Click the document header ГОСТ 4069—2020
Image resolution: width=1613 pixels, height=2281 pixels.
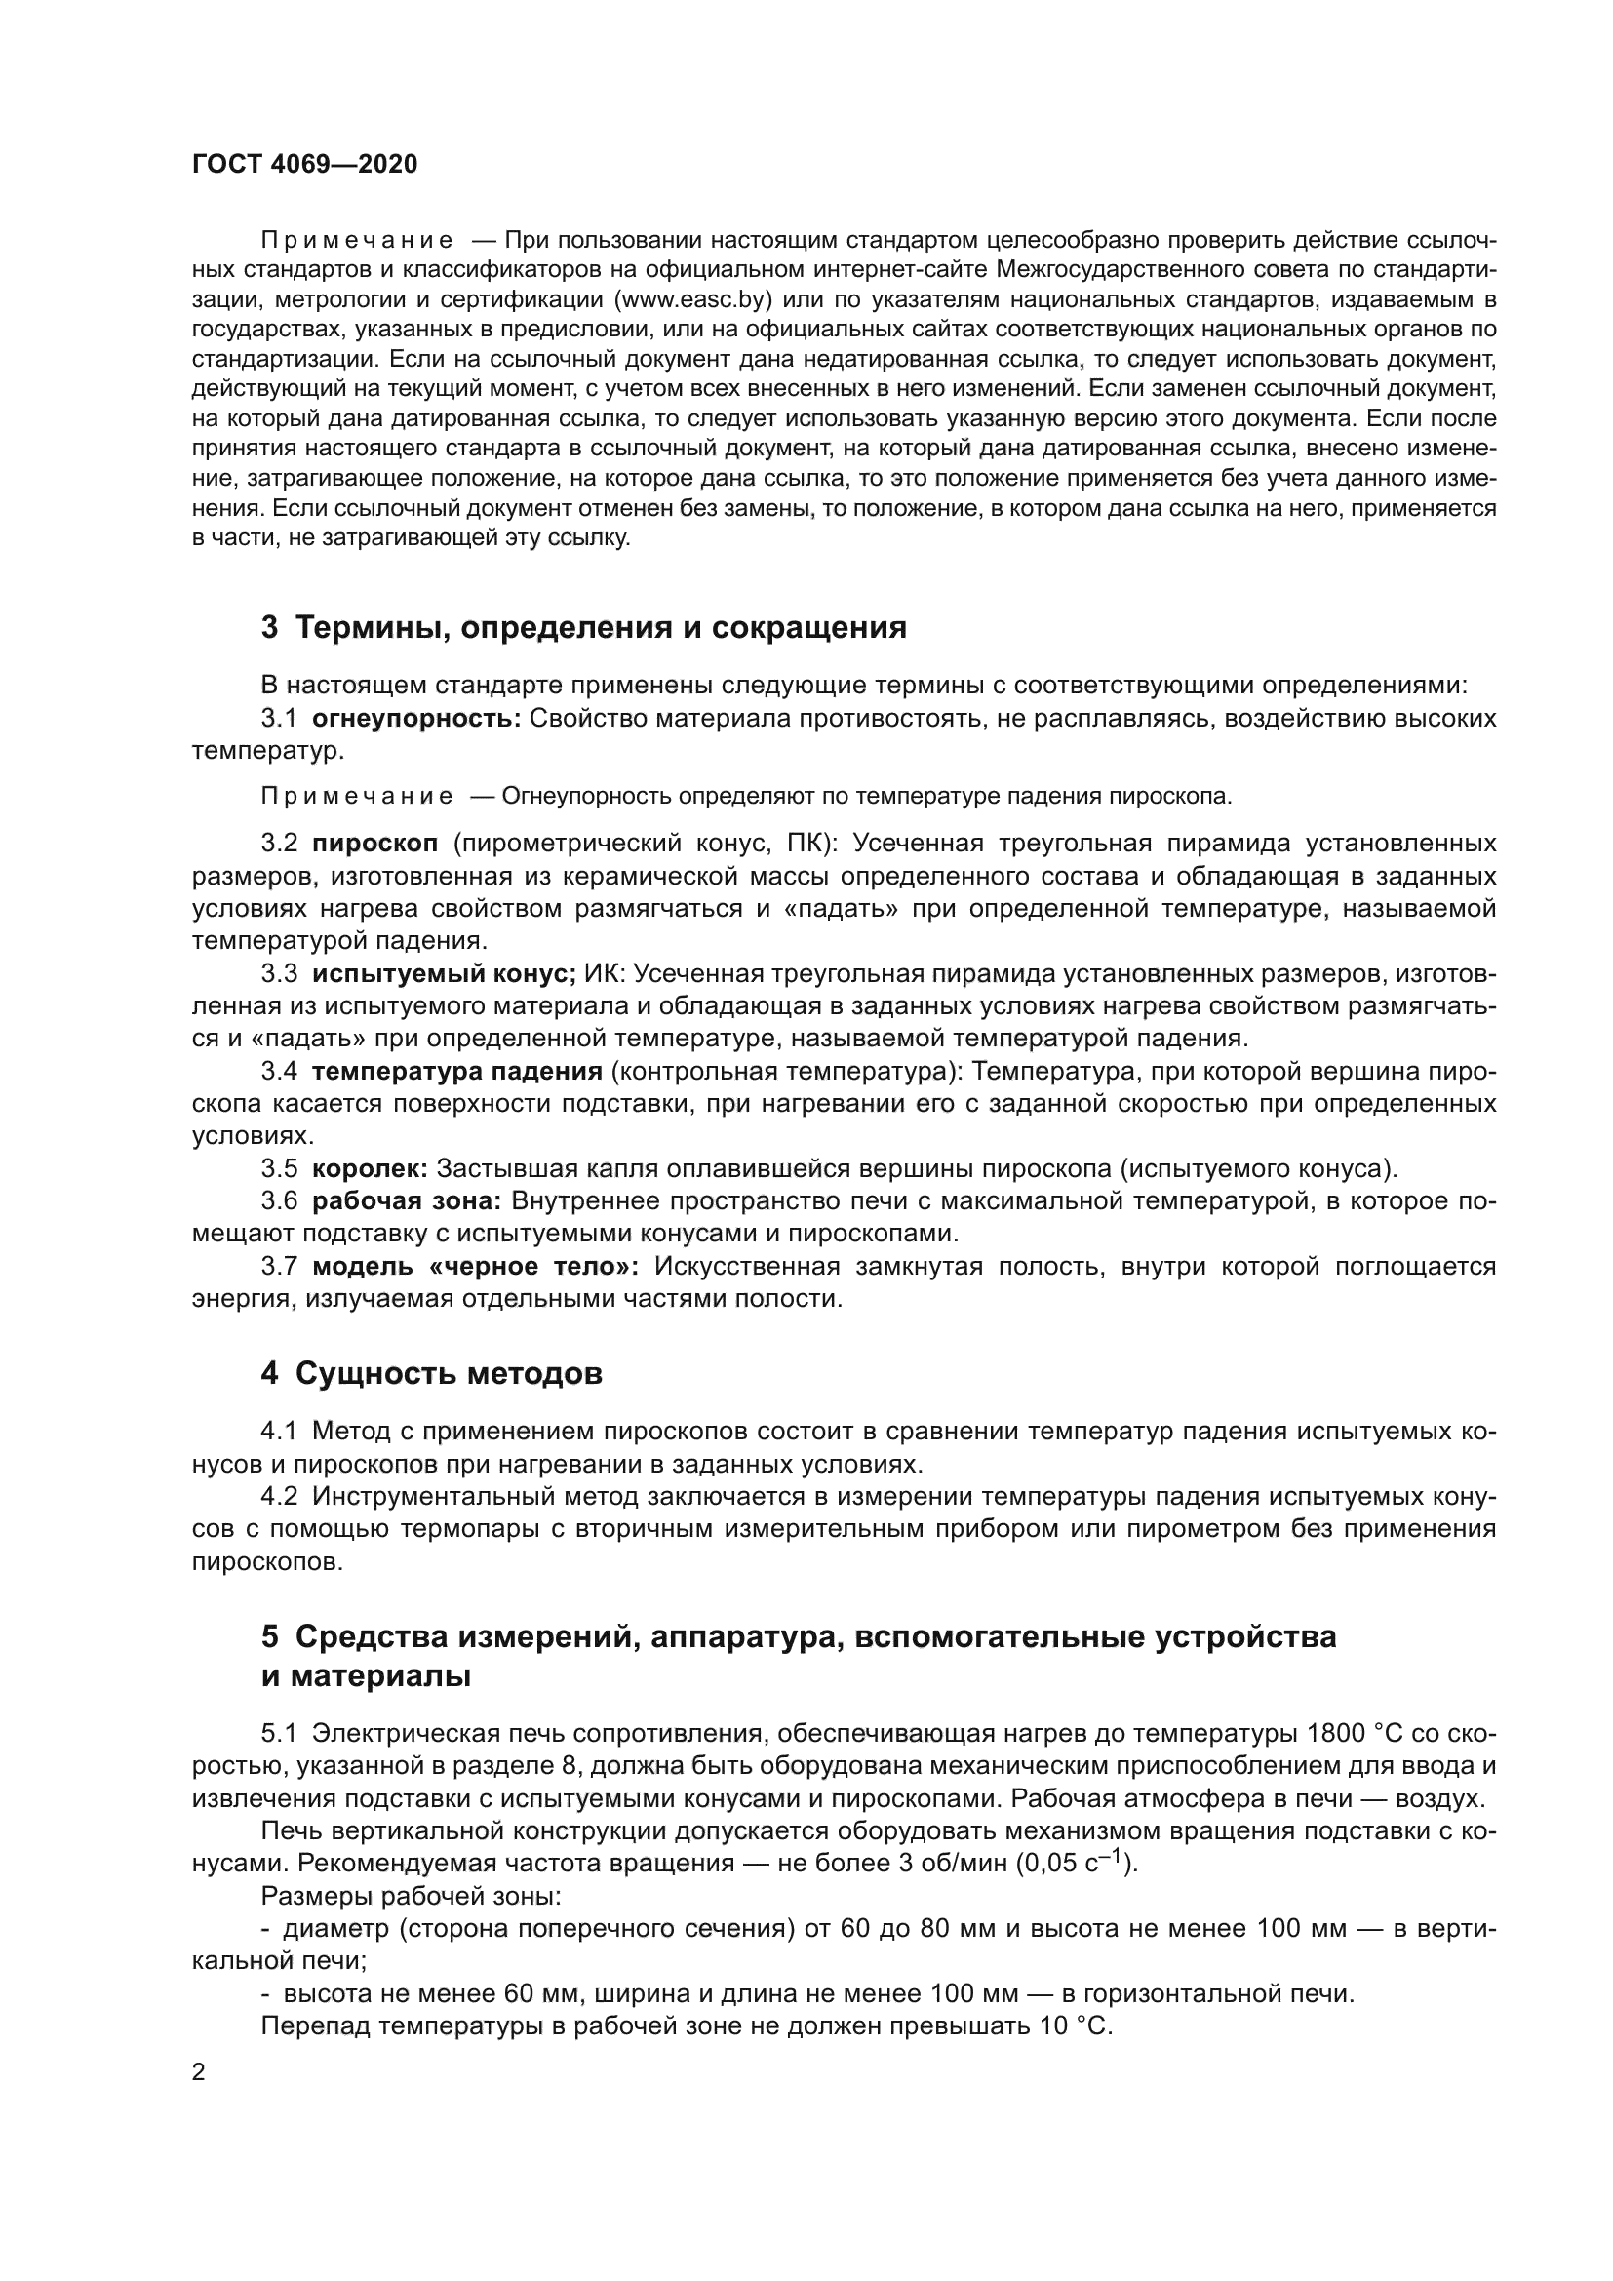pyautogui.click(x=304, y=165)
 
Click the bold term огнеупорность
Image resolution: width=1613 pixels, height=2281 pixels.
pyautogui.click(x=416, y=719)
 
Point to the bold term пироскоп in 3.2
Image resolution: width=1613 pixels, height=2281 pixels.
pyautogui.click(x=374, y=844)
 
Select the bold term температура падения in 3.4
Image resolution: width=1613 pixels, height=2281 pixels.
pyautogui.click(x=456, y=1071)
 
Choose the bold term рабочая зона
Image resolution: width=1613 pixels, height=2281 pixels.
pyautogui.click(x=407, y=1201)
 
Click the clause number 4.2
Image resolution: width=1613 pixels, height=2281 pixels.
pyautogui.click(x=279, y=1496)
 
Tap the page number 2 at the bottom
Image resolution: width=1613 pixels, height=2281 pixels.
pyautogui.click(x=199, y=2072)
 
